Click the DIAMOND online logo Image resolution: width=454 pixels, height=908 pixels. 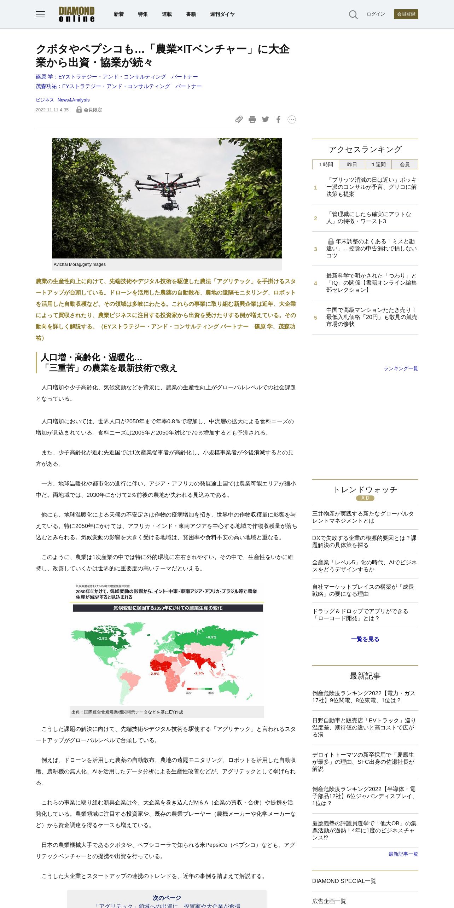click(77, 14)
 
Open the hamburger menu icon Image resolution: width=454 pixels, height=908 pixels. click(40, 14)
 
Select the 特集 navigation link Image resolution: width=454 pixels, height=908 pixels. click(143, 14)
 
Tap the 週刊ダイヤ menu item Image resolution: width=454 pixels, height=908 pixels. click(222, 14)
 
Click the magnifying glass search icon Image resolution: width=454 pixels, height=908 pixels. click(353, 14)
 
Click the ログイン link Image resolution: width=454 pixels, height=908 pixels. click(376, 14)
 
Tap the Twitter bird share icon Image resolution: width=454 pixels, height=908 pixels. click(266, 120)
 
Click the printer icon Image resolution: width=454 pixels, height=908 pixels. click(252, 120)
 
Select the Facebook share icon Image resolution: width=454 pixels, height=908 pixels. click(279, 120)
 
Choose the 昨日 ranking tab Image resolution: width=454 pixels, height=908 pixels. click(352, 164)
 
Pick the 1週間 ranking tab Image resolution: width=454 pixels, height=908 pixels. click(378, 164)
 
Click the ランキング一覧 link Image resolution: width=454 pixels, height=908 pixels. click(401, 368)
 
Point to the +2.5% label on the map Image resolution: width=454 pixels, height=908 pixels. click(102, 638)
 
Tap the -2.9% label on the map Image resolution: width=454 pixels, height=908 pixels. click(154, 674)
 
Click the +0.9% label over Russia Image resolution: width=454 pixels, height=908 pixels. click(211, 637)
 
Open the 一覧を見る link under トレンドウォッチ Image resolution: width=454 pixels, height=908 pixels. click(365, 639)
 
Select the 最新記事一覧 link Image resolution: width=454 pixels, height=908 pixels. click(403, 854)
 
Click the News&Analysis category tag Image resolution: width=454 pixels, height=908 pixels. click(74, 100)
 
